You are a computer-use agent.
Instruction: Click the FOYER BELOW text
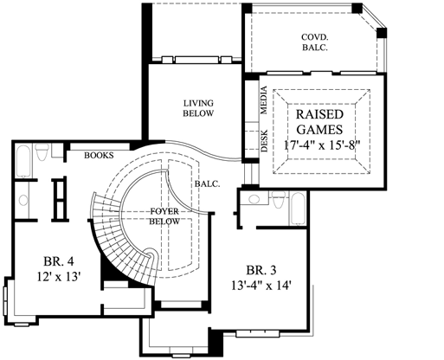[x=164, y=215]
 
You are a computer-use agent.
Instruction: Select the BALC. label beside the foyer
[x=207, y=183]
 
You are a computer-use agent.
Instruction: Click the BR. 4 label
[x=56, y=260]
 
